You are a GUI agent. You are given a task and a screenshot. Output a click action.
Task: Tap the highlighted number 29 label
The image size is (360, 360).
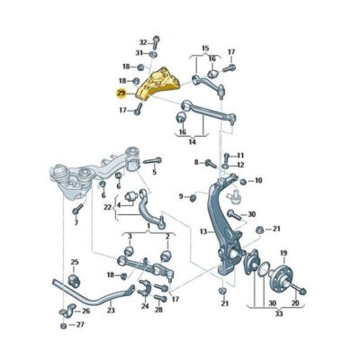pos(121,94)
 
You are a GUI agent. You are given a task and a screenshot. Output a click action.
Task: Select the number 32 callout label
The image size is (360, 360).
pos(144,42)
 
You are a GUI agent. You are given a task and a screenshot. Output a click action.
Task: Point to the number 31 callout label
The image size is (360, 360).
pos(139,53)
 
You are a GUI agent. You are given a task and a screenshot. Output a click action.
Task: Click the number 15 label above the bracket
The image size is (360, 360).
pos(205,48)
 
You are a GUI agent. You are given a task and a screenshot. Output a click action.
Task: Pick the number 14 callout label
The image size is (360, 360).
pos(193,141)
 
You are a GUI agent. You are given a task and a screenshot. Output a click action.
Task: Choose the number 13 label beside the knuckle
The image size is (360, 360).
pos(203,231)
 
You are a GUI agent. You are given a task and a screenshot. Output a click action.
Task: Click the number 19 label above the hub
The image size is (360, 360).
pos(283,253)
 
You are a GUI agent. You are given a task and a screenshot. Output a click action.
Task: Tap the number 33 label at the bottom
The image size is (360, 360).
pos(279,314)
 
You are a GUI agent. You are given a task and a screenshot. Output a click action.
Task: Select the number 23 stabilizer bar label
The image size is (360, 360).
pos(111,310)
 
